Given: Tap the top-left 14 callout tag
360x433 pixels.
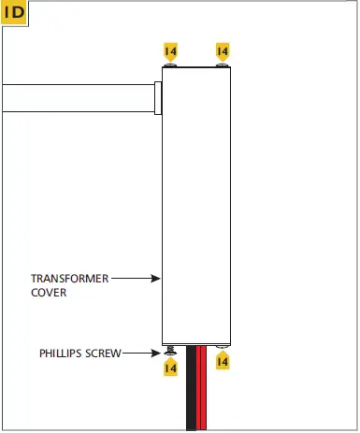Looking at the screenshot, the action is pyautogui.click(x=170, y=51).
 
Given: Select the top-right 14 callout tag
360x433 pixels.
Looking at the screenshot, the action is pyautogui.click(x=223, y=51).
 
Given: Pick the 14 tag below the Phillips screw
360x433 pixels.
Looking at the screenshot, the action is pyautogui.click(x=170, y=368).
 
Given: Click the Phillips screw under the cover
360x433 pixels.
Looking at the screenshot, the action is pyautogui.click(x=170, y=352).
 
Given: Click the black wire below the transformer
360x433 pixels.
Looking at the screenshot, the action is pyautogui.click(x=192, y=393).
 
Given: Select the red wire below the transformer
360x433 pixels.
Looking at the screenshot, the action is pyautogui.click(x=201, y=393).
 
